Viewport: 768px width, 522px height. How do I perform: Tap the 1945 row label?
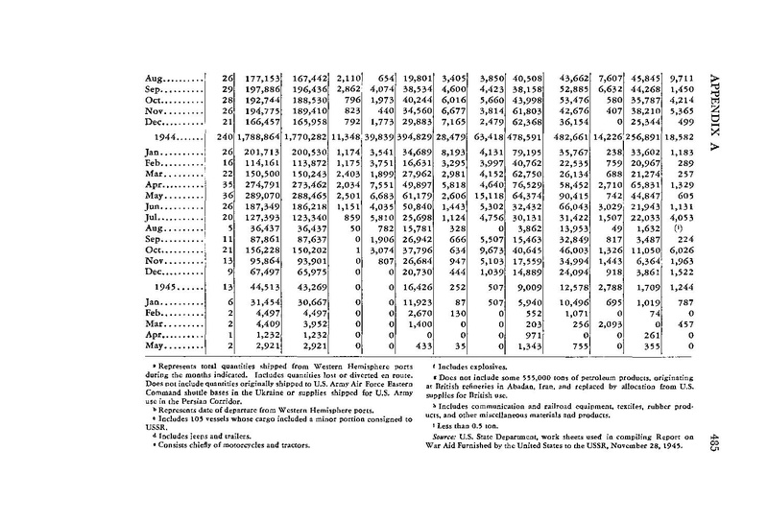click(180, 286)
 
